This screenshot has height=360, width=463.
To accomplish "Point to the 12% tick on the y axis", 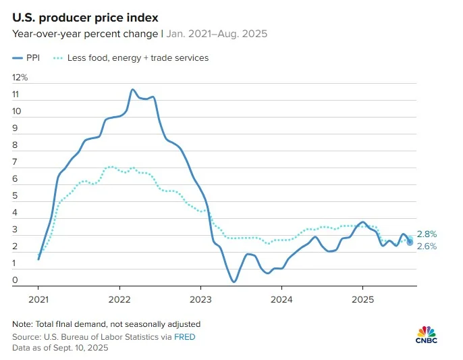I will tap(20, 78).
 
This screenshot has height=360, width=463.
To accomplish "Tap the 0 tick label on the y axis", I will tap(15, 280).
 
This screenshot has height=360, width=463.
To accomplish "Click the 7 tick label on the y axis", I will tap(15, 162).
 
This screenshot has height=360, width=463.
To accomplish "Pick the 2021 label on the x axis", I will tap(38, 299).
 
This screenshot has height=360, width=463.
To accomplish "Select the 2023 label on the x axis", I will tap(200, 299).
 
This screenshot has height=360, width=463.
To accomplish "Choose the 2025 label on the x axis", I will tap(362, 299).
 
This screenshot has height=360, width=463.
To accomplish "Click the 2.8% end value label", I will tap(427, 234).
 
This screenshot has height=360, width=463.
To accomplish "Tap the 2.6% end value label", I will tap(427, 247).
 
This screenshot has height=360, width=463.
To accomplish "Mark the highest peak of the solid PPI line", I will tap(132, 89).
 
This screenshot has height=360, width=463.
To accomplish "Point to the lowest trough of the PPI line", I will tap(234, 282).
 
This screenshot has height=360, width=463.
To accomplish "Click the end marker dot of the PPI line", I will tap(410, 242).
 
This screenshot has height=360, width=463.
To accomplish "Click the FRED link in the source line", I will tap(185, 336).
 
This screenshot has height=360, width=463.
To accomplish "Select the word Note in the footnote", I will tap(22, 324).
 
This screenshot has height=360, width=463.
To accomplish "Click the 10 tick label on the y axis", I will tap(17, 111).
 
